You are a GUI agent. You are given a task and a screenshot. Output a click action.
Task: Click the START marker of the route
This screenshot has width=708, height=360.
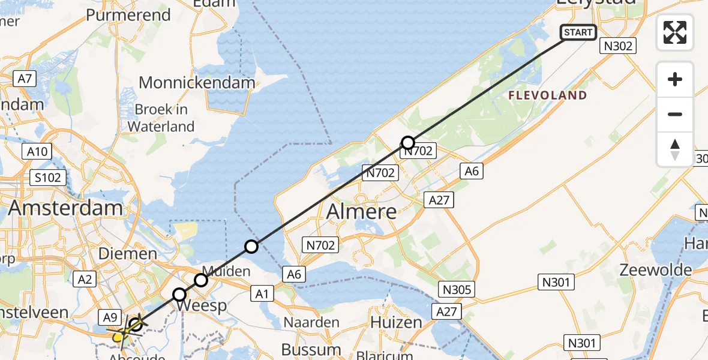coord(578,32)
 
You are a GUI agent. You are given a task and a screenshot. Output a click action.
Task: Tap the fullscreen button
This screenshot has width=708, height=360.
coord(675,32)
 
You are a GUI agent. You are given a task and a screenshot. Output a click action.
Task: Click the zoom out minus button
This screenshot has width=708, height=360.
coord(675,114)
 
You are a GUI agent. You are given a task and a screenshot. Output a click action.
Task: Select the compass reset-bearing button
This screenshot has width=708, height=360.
coord(675,149)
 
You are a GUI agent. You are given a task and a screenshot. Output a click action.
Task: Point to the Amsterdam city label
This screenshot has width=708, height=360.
coord(66,209)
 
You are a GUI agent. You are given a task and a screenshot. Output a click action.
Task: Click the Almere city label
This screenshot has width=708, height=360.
coord(362,211)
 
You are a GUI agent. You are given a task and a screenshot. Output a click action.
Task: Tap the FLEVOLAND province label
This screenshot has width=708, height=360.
coord(547,95)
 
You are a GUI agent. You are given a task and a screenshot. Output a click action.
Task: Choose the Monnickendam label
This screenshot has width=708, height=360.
coord(197,83)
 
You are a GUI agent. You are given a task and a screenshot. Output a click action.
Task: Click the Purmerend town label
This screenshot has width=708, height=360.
coord(128,15)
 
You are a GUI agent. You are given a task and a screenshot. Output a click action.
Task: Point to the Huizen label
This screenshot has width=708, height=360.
coord(396,322)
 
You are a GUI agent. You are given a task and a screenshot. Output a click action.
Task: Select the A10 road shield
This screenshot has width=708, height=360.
coord(37,152)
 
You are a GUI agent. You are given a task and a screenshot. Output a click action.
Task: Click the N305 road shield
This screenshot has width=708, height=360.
coord(457,289)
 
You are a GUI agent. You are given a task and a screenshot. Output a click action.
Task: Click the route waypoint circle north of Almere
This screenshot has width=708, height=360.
coord(408,143)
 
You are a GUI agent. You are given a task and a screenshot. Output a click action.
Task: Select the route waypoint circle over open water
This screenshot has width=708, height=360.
coord(251,246)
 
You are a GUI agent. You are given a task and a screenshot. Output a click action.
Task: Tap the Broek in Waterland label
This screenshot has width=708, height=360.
coord(161,118)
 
